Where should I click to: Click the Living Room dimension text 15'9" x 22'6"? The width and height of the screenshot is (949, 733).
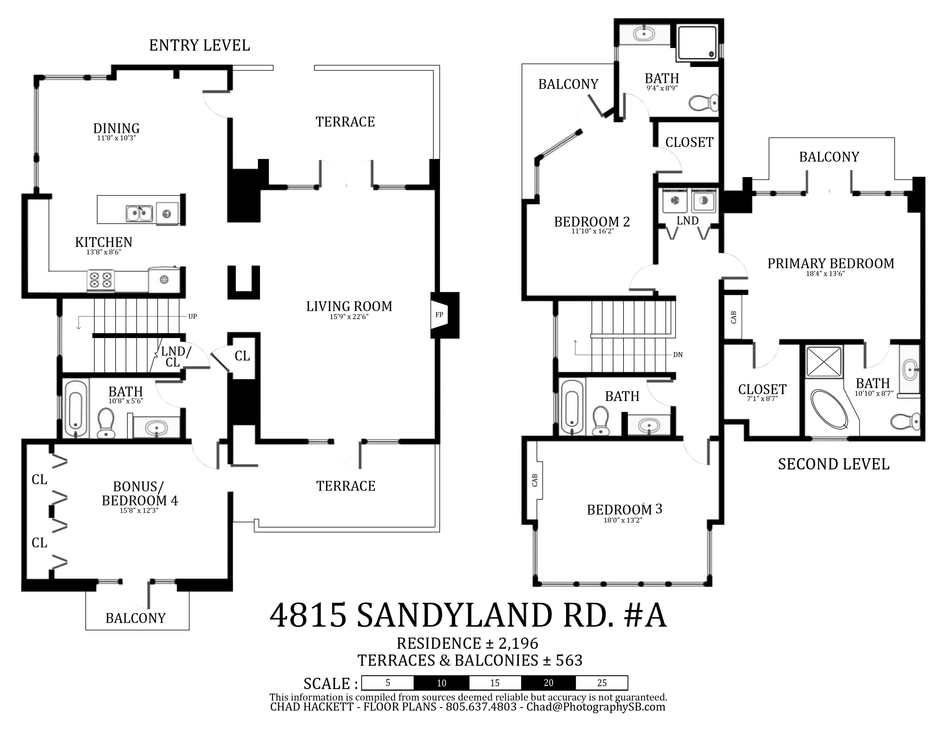(x=349, y=317)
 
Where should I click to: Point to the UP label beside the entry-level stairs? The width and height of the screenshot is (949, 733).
(x=193, y=317)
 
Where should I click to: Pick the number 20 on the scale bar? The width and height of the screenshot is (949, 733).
(x=549, y=683)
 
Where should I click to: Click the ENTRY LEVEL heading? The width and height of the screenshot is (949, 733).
(x=199, y=46)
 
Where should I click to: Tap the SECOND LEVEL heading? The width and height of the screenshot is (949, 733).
(x=834, y=464)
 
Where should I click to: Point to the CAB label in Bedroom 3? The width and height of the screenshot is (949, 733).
(x=535, y=480)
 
